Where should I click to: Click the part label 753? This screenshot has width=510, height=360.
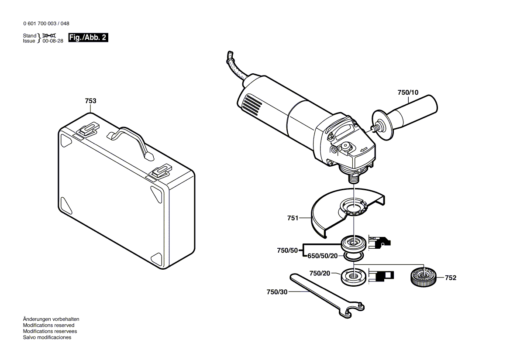tap(90, 101)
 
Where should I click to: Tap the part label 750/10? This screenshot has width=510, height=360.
tap(407, 93)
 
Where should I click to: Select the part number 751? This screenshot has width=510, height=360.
tap(292, 218)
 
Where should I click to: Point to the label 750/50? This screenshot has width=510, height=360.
tap(287, 250)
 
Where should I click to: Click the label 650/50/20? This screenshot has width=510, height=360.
tap(323, 256)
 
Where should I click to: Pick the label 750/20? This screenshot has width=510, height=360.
tap(320, 273)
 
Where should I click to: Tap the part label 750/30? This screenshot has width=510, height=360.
tap(277, 292)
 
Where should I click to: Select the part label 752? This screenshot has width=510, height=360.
tap(451, 278)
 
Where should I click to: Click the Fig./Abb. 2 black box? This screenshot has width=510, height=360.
tap(88, 38)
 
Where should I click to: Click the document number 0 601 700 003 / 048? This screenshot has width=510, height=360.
tap(45, 24)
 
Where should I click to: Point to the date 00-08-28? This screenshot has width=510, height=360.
tap(52, 41)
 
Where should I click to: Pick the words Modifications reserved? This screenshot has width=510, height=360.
tap(48, 325)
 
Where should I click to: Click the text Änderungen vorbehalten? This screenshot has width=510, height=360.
tap(51, 319)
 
